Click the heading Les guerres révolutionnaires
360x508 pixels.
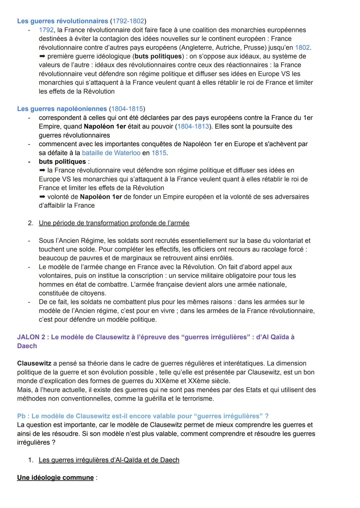62,21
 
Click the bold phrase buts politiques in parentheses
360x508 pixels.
158,56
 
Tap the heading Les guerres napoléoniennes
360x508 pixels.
62,109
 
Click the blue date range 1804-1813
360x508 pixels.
193,127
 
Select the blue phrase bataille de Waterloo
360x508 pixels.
111,153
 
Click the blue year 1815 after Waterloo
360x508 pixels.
159,153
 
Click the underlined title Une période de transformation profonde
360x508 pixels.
114,223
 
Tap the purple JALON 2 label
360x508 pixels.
31,337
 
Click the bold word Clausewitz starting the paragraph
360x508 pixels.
34,363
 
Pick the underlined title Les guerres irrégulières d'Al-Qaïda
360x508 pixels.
109,460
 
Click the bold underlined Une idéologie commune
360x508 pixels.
55,478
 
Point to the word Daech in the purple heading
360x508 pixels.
27,346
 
